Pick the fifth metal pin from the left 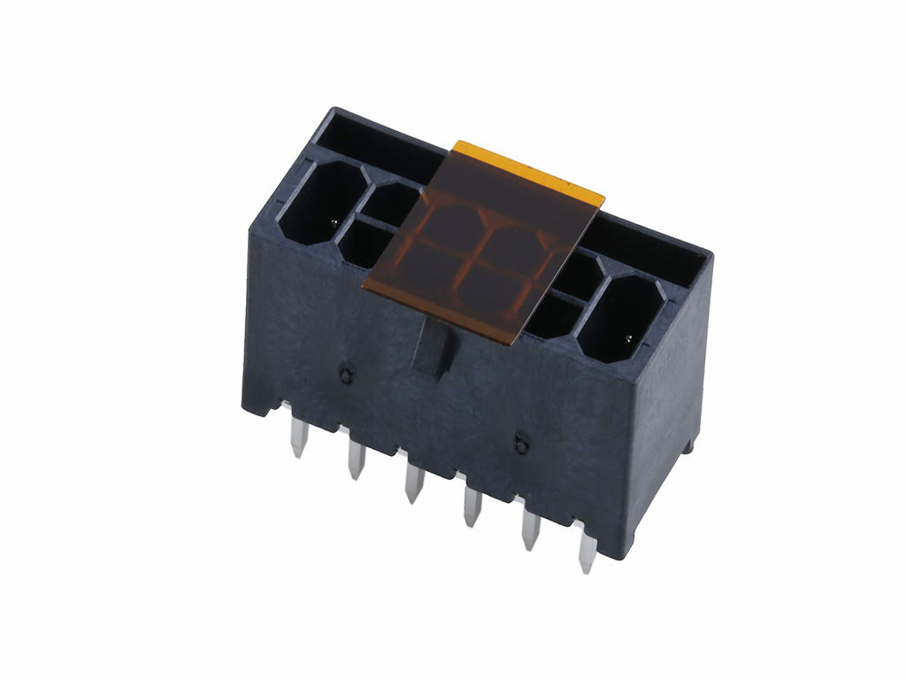coord(530,528)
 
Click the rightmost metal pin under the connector coord(586,549)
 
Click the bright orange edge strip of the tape coord(531,167)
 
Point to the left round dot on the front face coord(344,374)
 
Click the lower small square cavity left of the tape coord(365,243)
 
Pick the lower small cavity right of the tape coord(555,315)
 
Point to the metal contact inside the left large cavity coord(334,220)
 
